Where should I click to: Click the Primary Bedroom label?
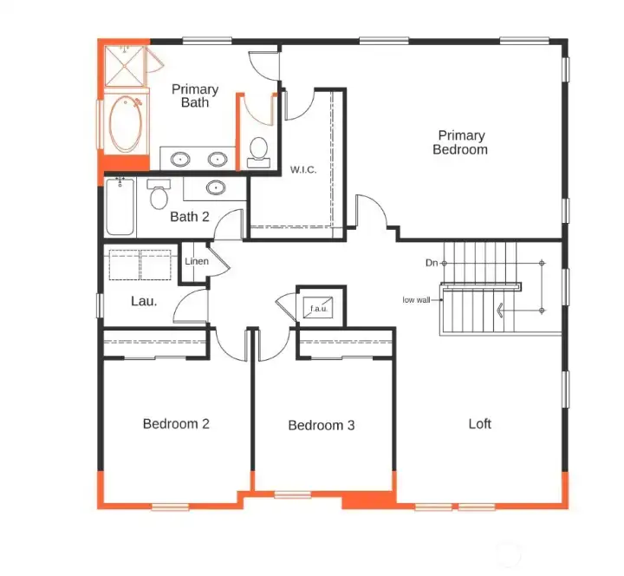point(460,142)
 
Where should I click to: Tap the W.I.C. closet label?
point(303,170)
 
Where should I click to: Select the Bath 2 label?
point(190,217)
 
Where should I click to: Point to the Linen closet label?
point(197,261)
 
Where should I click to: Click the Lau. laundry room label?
point(144,301)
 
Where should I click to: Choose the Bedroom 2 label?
point(176,423)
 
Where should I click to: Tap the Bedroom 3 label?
point(322,425)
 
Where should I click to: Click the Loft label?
point(479,423)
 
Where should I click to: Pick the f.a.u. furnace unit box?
point(318,308)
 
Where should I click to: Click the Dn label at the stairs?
point(432,263)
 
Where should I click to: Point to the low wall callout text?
point(416,300)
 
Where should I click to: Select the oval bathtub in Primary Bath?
point(126,124)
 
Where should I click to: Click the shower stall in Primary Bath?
point(125,66)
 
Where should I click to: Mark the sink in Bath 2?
point(216,187)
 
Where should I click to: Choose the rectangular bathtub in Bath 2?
point(120,206)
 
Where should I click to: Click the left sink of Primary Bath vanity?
point(180,160)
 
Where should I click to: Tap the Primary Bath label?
point(195,95)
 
